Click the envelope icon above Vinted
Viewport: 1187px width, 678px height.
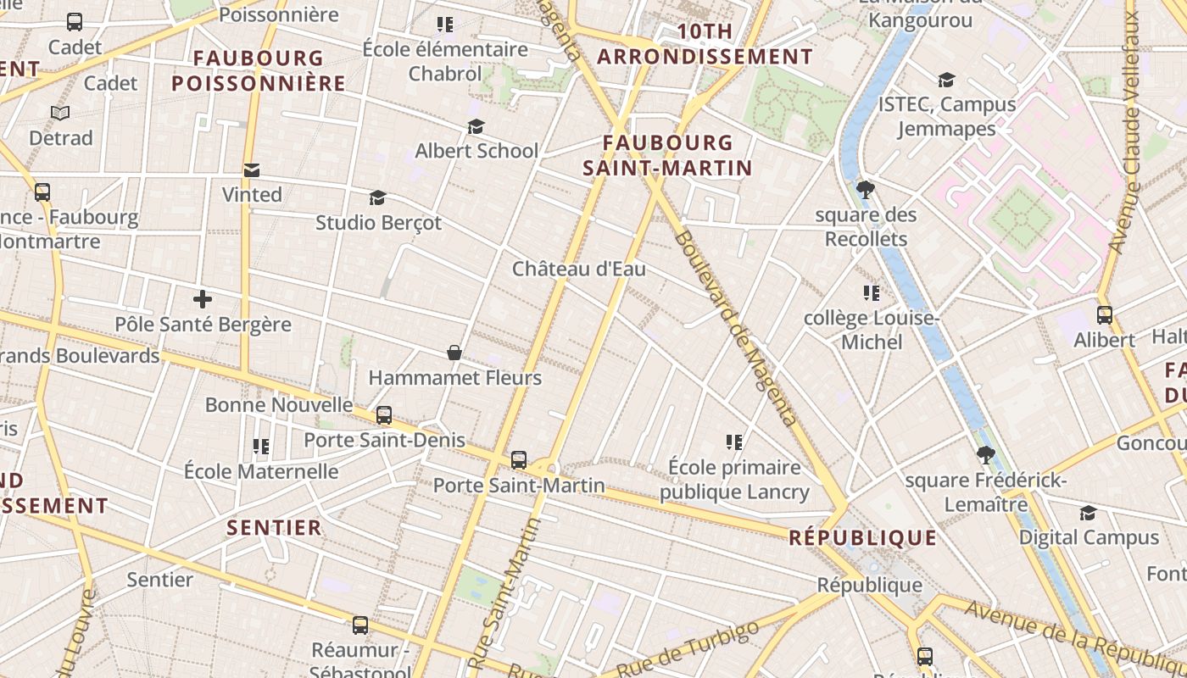click(252, 170)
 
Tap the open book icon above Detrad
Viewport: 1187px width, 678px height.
click(60, 113)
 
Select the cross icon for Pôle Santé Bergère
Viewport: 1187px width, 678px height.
click(203, 299)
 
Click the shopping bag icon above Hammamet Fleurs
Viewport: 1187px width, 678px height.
click(454, 353)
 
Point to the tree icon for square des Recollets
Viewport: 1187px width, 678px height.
click(865, 189)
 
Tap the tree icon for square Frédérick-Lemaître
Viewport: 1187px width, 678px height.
click(985, 455)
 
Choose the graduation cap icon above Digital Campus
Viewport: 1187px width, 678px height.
click(1088, 513)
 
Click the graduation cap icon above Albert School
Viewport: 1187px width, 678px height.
click(476, 126)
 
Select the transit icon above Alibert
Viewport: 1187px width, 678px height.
click(1104, 315)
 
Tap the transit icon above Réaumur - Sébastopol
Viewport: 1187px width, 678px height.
click(360, 625)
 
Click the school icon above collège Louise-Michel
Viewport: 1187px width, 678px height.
click(871, 293)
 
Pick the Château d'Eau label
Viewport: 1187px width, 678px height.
click(579, 270)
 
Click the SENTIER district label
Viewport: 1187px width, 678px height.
click(274, 528)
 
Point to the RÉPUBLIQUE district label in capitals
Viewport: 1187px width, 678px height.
click(862, 538)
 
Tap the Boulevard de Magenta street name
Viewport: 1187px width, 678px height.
click(736, 329)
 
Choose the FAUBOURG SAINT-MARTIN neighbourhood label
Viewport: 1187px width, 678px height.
click(668, 155)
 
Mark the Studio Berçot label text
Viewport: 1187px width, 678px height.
click(378, 223)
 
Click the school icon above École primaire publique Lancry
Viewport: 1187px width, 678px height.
click(734, 442)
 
